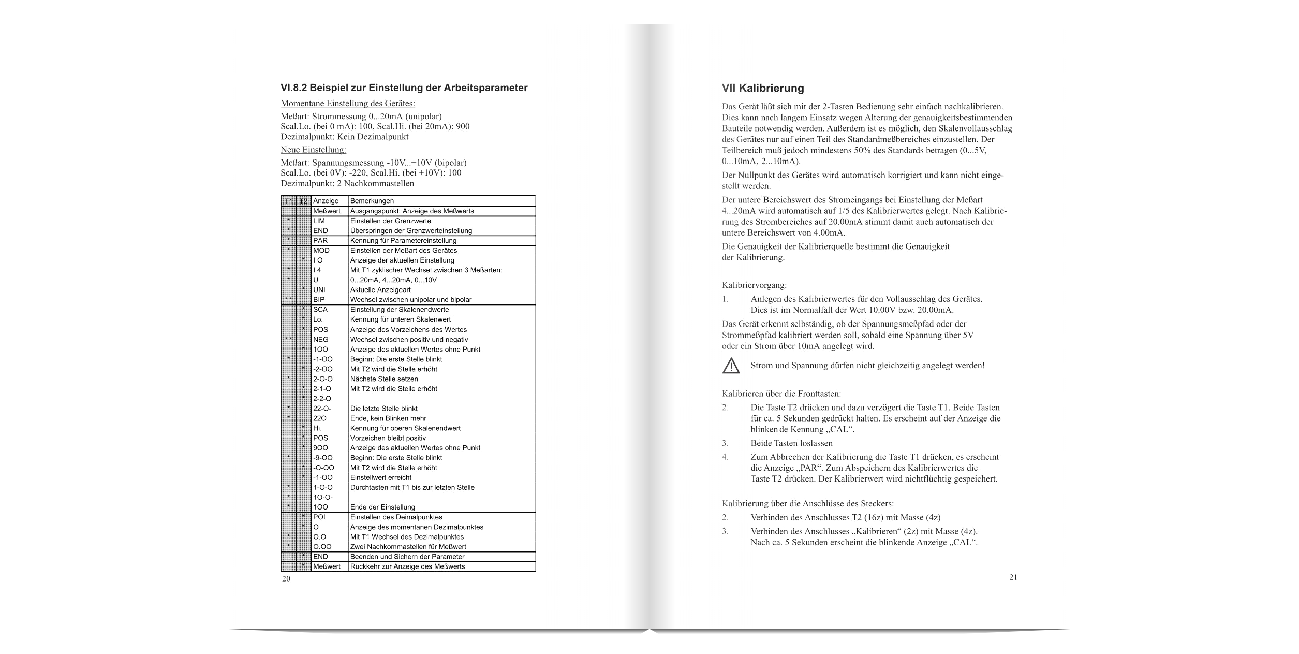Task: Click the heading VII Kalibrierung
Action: point(763,88)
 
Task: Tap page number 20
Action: point(286,579)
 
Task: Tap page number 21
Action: point(1013,577)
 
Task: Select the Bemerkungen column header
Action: point(372,201)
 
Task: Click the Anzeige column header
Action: point(326,201)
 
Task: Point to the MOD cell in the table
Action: point(321,251)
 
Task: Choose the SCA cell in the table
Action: point(320,310)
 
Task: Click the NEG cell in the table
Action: point(321,340)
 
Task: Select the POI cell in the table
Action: point(319,517)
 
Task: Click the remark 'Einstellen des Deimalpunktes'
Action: point(396,517)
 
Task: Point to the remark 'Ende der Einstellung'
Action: point(382,507)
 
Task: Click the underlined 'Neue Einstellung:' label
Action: point(313,150)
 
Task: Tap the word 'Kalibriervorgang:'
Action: point(754,285)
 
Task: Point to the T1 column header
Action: point(289,201)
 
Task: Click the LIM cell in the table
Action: point(319,221)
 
